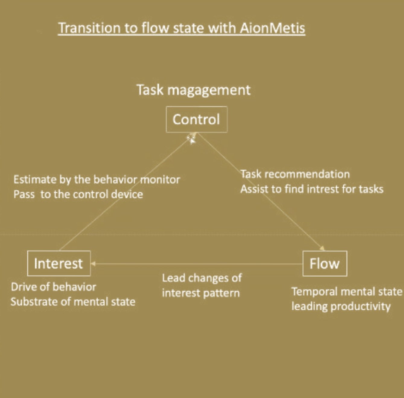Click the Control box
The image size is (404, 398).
tap(196, 119)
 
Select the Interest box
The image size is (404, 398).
tap(59, 263)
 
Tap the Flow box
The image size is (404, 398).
tap(325, 263)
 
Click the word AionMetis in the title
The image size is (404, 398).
tap(272, 28)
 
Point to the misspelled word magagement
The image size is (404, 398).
tap(209, 90)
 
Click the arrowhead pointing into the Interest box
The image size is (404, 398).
tap(93, 264)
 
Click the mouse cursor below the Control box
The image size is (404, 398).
tap(192, 140)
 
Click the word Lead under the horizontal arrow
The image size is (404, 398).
tap(173, 278)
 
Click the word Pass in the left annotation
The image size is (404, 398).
tap(24, 194)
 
